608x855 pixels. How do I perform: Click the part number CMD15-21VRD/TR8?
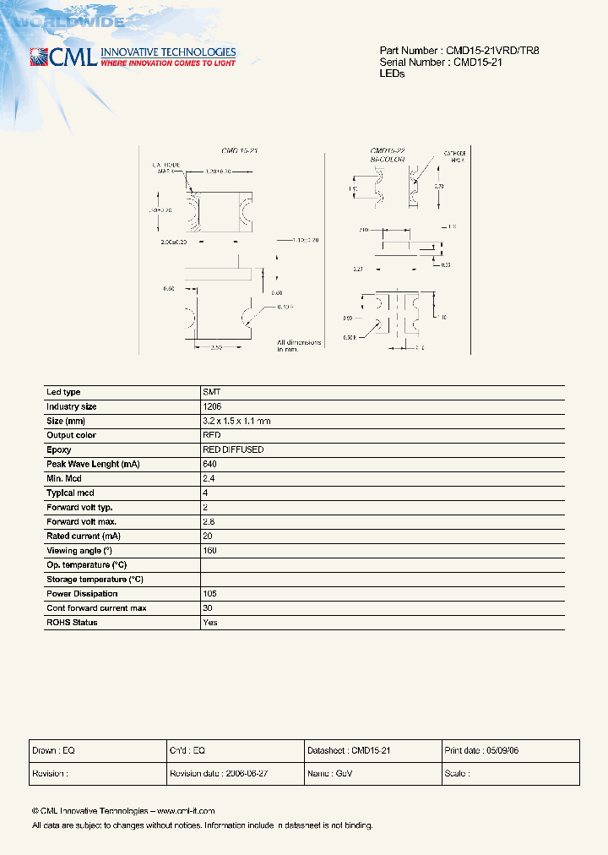[493, 51]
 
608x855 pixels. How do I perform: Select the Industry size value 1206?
[212, 406]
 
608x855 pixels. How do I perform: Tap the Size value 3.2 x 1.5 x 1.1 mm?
[236, 421]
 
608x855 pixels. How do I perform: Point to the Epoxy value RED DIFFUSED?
[233, 449]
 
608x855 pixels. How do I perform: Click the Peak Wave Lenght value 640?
[210, 464]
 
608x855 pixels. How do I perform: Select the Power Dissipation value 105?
[210, 593]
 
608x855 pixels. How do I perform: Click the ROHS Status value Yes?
[210, 622]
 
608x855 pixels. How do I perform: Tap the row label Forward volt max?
[81, 521]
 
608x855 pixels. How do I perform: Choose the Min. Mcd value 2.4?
[209, 478]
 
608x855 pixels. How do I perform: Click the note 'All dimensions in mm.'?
[299, 346]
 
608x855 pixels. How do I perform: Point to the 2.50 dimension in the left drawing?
[215, 347]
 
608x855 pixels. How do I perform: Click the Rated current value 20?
[208, 536]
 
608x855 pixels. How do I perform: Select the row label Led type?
[63, 392]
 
